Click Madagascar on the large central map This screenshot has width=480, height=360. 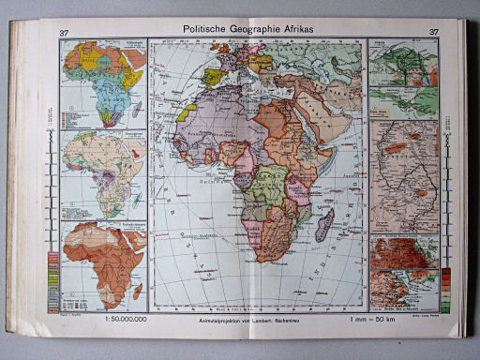[323, 225]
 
